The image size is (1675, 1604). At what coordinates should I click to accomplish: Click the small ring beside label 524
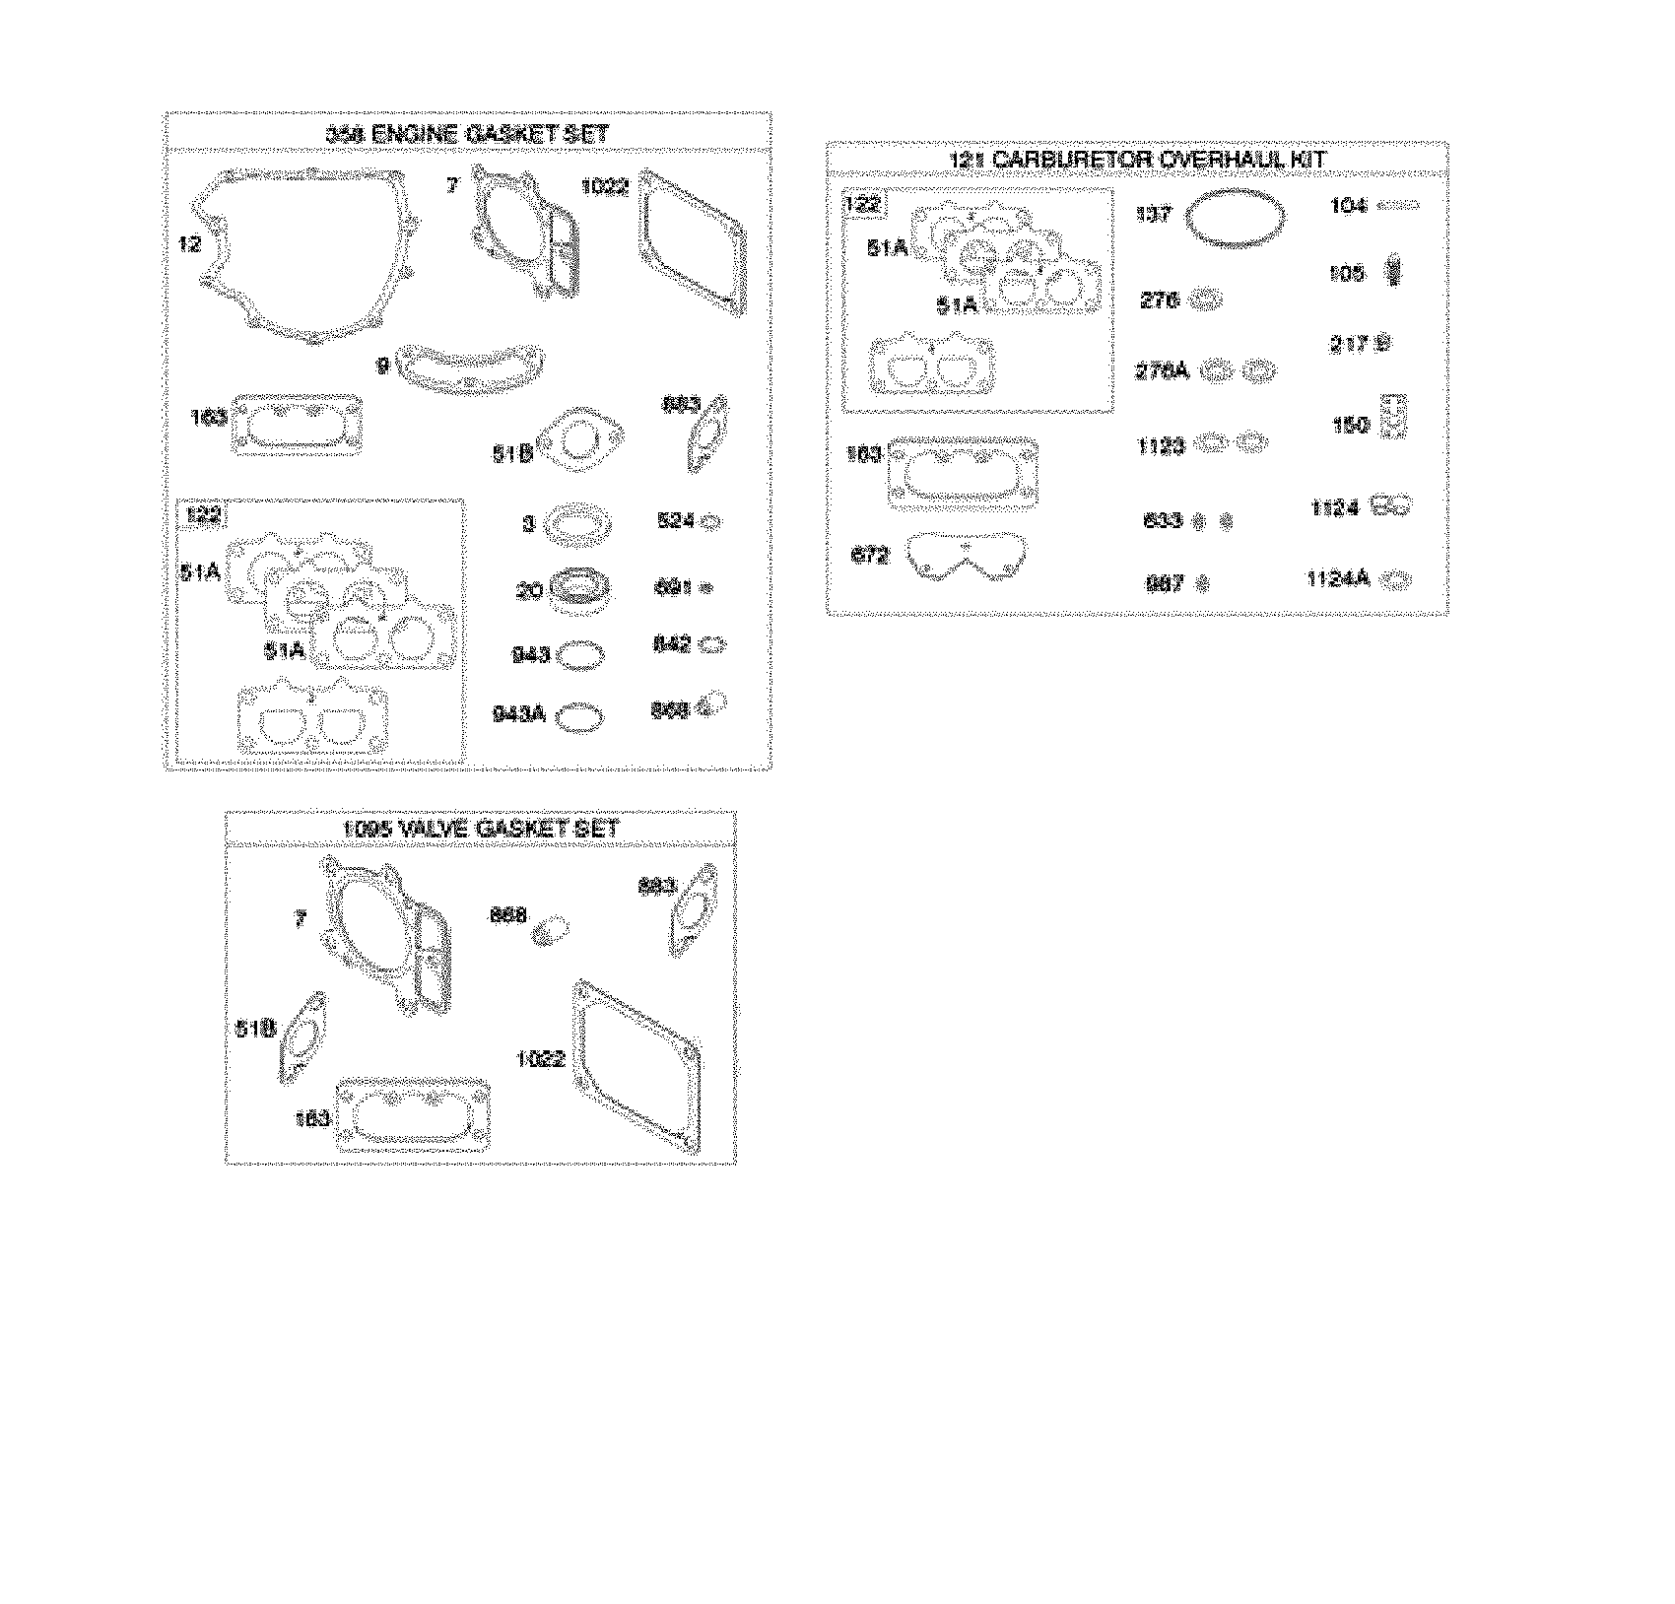coord(710,523)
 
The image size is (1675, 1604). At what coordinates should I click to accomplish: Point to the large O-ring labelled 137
coord(1236,218)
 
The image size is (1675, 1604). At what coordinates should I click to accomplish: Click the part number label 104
coord(1348,206)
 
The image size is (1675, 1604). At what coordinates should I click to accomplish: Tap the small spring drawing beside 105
coord(1392,270)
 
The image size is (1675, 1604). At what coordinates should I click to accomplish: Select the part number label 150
coord(1350,425)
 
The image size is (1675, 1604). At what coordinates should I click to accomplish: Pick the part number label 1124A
coord(1337,579)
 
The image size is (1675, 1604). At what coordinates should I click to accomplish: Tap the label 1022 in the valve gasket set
coord(541,1059)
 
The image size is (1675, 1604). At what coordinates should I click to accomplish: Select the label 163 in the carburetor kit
coord(864,455)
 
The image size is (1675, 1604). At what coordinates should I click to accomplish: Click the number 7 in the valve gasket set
coord(301,919)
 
